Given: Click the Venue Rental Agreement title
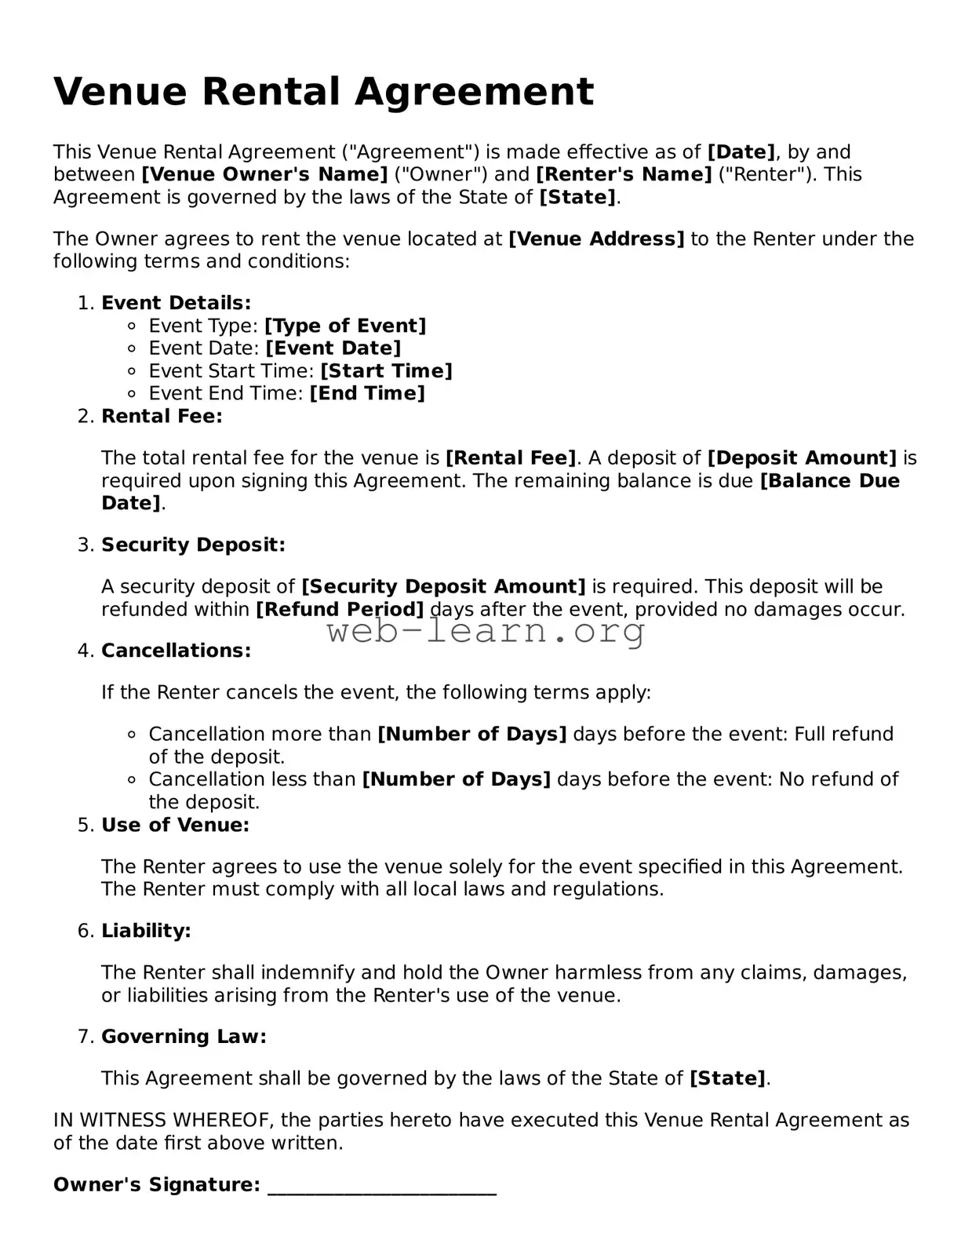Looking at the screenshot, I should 323,92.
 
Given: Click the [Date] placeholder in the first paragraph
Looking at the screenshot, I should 741,152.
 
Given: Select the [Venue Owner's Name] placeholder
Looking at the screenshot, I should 264,174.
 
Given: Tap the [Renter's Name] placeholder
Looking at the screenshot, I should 624,174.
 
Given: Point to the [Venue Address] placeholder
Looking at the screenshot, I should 596,239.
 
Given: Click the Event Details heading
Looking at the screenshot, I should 177,303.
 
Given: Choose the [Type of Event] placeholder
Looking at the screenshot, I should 345,326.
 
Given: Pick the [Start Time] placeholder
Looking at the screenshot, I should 386,371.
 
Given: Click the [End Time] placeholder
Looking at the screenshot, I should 367,393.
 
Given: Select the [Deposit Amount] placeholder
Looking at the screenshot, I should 802,458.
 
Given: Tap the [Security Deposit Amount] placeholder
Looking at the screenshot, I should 443,587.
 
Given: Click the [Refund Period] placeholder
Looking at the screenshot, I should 340,610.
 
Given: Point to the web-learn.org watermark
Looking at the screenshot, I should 486,631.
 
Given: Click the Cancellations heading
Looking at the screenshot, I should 177,651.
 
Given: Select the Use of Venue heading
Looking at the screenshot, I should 175,825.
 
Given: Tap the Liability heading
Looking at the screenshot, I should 146,931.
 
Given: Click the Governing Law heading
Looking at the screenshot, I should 184,1037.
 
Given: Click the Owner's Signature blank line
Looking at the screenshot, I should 382,1187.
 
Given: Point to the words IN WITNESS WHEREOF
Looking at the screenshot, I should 163,1121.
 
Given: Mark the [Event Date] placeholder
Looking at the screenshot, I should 333,348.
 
